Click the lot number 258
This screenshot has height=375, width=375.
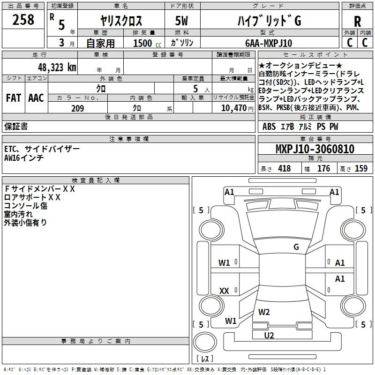pos(24,20)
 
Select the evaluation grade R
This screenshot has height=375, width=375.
pos(357,22)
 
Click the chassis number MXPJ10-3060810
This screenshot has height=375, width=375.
pos(315,149)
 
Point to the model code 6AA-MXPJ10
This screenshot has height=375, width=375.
pos(269,43)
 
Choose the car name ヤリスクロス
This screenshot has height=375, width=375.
pos(121,21)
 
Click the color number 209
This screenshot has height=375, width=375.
pos(77,108)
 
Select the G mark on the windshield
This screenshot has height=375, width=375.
pos(296,247)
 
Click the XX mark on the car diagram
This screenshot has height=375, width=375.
pos(225,291)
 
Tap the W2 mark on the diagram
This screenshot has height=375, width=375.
pos(264,312)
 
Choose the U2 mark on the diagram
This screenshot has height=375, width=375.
pos(269,335)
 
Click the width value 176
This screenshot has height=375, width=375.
pos(323,169)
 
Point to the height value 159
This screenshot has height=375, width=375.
pos(361,169)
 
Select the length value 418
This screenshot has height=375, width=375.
pos(284,169)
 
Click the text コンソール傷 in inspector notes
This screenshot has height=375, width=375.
pos(26,206)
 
